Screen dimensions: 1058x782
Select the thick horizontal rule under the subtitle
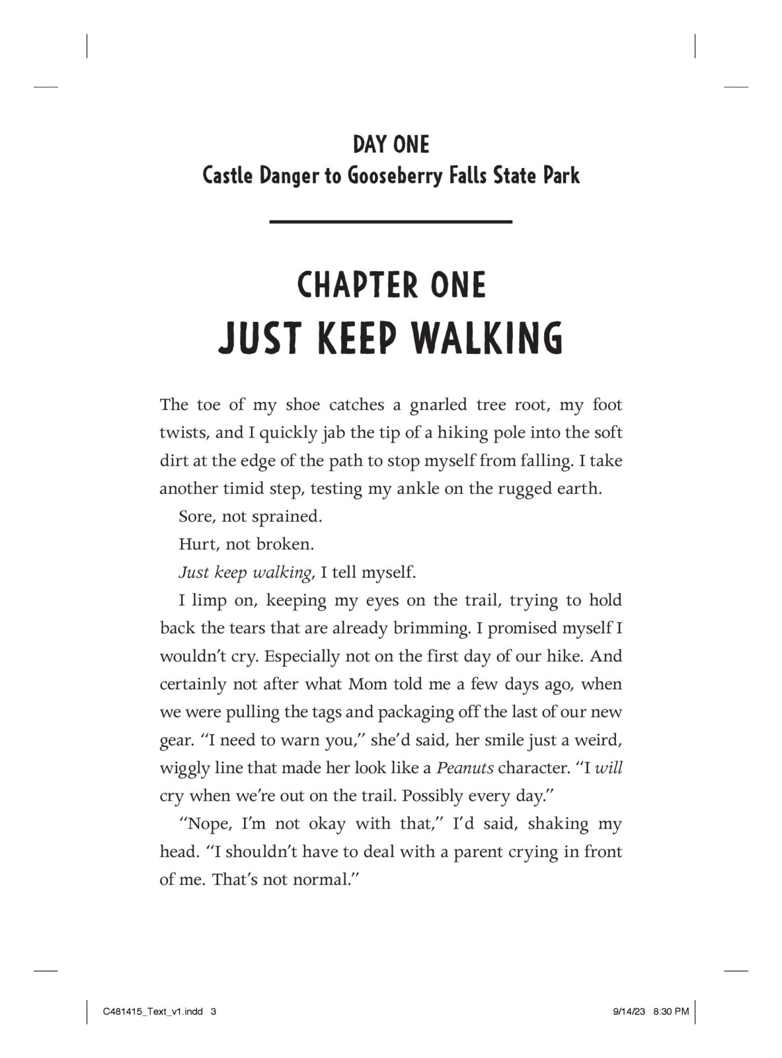click(391, 221)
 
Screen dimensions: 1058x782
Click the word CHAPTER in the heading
click(351, 285)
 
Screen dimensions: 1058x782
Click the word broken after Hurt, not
click(284, 544)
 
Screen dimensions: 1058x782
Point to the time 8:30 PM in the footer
click(670, 1011)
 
